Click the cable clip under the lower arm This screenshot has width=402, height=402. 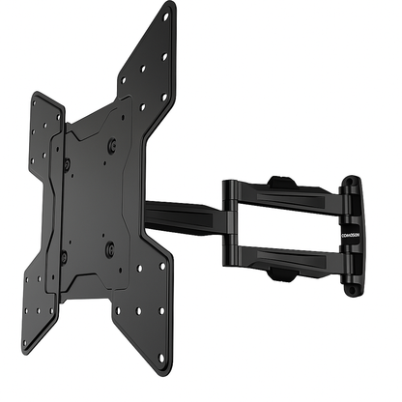279,276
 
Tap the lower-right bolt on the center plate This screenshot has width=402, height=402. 109,248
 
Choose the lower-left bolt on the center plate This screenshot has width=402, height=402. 63,256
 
